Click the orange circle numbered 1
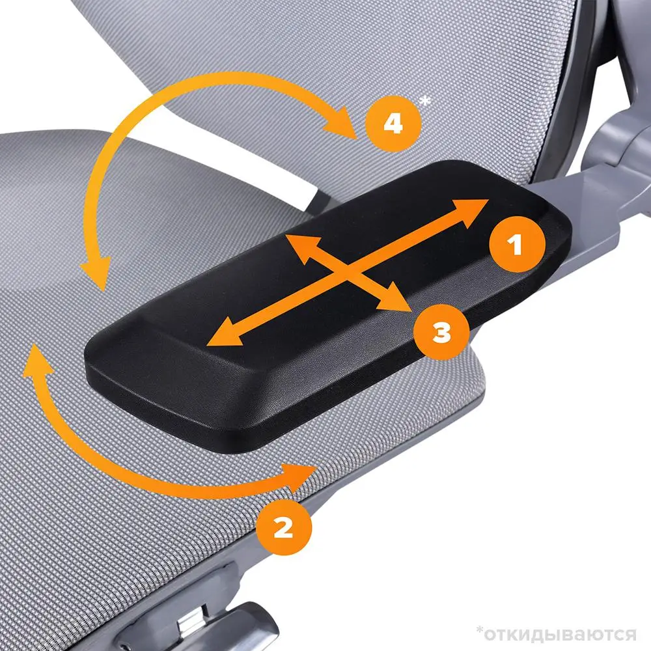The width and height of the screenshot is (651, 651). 516,244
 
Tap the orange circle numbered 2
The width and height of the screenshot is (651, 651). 284,527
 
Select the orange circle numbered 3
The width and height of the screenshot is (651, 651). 442,332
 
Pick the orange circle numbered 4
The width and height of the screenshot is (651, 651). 393,123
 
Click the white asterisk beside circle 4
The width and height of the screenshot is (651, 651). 425,101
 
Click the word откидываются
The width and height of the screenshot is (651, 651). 560,635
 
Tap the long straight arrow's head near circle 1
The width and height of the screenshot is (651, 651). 471,212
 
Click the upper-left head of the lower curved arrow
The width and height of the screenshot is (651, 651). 36,359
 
